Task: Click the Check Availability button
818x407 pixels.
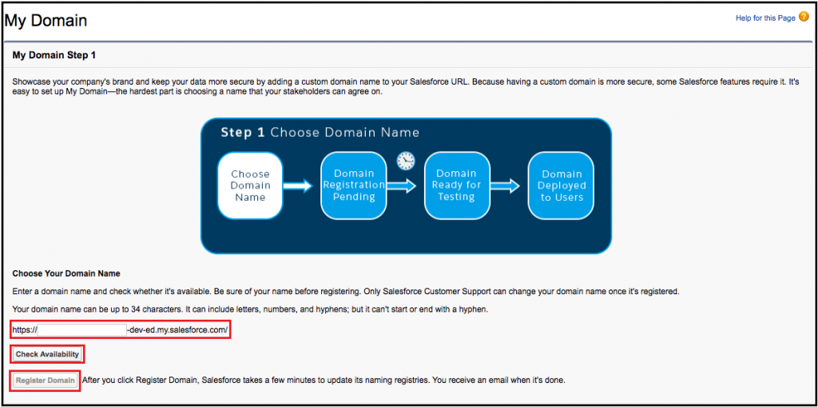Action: click(x=47, y=354)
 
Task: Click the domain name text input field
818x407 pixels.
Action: click(x=82, y=329)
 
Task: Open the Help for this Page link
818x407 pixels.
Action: click(x=765, y=18)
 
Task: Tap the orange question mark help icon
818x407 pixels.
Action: click(x=804, y=17)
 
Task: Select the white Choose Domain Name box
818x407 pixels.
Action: click(x=250, y=186)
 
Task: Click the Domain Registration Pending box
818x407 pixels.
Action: click(x=354, y=186)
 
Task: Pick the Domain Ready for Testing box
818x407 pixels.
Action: click(x=456, y=186)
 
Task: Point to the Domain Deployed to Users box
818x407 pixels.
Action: click(x=561, y=186)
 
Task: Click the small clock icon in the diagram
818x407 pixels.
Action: click(x=406, y=161)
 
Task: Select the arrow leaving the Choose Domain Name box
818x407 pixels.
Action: click(x=298, y=186)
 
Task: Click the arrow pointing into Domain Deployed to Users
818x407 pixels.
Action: click(x=505, y=186)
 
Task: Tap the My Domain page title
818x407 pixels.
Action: click(x=46, y=20)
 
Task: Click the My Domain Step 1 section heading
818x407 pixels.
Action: click(x=54, y=55)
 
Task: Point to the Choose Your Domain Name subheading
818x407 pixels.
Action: click(x=66, y=273)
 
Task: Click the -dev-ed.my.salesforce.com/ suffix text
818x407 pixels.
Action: click(x=178, y=329)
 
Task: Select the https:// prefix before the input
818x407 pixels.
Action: click(x=25, y=329)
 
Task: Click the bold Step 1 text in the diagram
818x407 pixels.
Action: click(x=243, y=132)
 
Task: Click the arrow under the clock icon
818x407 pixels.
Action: click(x=403, y=186)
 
